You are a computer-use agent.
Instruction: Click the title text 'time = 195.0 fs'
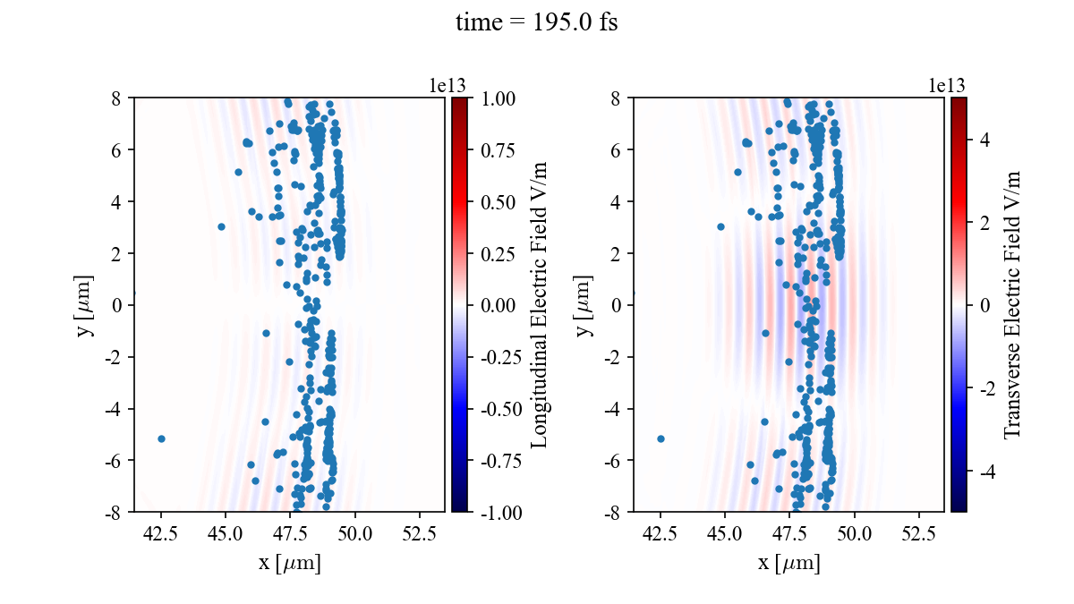coord(536,22)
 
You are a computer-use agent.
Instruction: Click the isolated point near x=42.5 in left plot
coord(161,438)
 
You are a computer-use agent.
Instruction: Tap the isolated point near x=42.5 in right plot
coord(661,438)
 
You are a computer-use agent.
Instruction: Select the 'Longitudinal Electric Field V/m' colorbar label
coord(540,304)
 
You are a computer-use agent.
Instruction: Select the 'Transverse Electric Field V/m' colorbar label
coord(1012,304)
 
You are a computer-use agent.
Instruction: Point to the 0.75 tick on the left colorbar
coord(495,149)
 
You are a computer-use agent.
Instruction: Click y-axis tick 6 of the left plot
coord(117,149)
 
